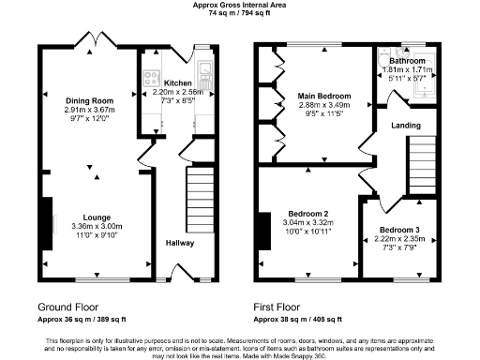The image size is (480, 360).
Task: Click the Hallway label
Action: [180, 243]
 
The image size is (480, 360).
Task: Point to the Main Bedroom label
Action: [324, 96]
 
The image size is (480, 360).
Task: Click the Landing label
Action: [406, 126]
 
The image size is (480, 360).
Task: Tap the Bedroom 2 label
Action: [307, 213]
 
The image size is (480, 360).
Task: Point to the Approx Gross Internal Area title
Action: [240, 5]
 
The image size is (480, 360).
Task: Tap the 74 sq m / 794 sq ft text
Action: [240, 14]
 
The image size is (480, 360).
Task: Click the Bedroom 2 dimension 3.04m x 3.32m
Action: [307, 222]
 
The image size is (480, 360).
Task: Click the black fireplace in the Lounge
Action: [46, 222]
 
